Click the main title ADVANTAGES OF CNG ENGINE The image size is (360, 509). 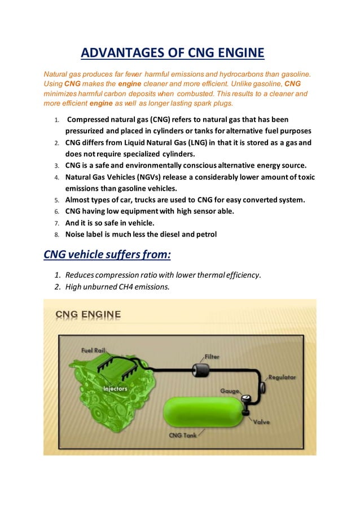[x=172, y=54]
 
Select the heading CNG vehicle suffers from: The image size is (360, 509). [x=107, y=254]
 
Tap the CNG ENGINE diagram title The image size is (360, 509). [x=87, y=314]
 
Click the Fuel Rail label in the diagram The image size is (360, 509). [x=93, y=350]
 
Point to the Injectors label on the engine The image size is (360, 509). [x=115, y=388]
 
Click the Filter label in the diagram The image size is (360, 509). [x=212, y=357]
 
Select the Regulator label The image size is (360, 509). [x=282, y=377]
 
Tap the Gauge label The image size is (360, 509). [x=230, y=390]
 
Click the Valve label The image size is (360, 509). [x=261, y=422]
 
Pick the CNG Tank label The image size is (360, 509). [x=183, y=435]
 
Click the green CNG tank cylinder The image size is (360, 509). [x=203, y=413]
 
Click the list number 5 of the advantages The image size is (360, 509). [x=56, y=200]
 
